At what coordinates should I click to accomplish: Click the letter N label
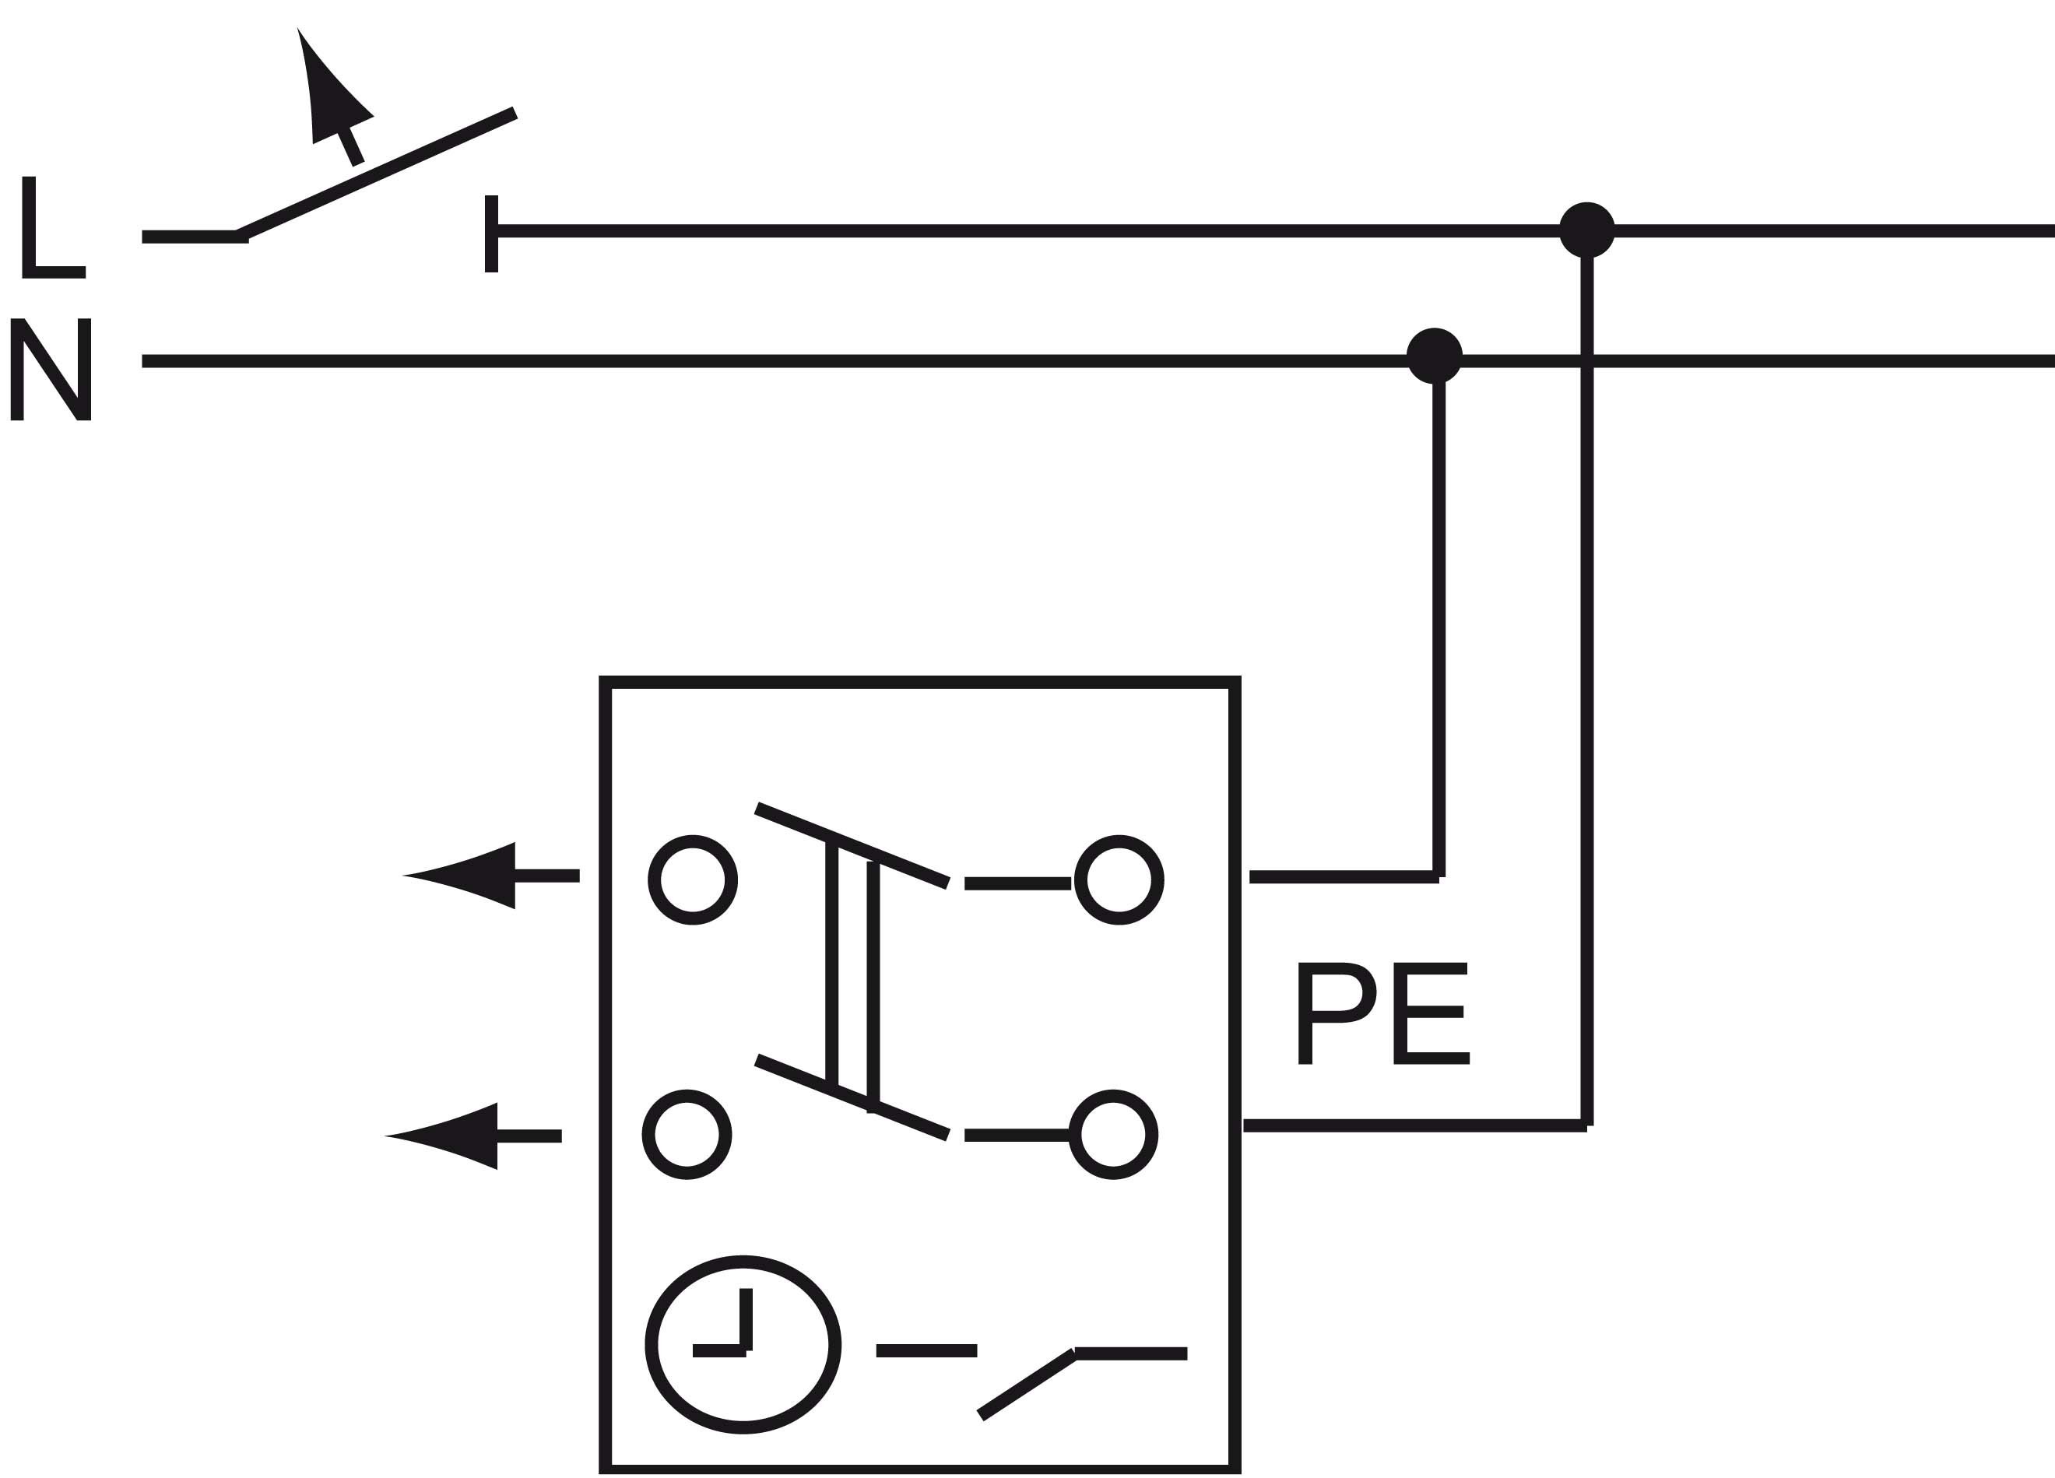[51, 370]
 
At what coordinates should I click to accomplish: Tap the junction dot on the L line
[1586, 230]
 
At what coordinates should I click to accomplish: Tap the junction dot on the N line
[1435, 355]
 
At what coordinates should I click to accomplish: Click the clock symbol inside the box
[743, 1345]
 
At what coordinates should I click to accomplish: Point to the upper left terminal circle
[693, 880]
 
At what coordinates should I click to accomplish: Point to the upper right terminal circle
[1119, 880]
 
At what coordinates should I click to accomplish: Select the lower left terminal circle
[687, 1135]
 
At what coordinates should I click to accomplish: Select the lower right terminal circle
[1112, 1135]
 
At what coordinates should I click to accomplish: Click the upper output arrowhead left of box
[471, 876]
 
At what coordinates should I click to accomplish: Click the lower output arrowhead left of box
[453, 1136]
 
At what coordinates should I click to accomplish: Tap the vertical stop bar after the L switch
[491, 233]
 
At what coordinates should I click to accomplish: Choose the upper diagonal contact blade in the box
[852, 845]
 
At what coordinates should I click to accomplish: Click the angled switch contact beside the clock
[1026, 1383]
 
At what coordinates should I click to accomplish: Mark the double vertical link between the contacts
[852, 974]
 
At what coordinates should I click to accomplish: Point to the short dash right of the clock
[926, 1350]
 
